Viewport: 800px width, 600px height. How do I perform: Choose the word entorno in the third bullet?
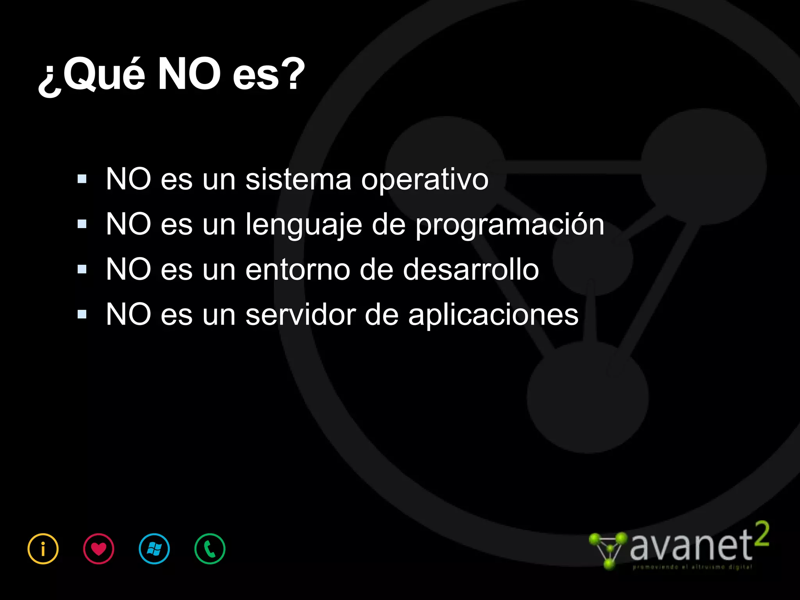coord(298,270)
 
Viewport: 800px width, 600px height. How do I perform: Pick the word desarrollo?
coord(471,270)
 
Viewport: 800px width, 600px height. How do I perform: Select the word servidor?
coord(301,314)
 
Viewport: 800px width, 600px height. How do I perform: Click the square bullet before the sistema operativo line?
coord(82,179)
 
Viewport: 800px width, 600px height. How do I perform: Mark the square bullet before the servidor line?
coord(82,314)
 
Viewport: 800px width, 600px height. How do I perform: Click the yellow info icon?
coord(43,549)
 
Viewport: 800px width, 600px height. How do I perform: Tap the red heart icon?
coord(99,549)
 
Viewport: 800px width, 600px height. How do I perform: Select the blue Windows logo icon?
coord(154,549)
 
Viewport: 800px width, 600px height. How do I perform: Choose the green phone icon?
coord(210,549)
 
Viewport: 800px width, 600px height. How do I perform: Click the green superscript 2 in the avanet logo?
coord(761,534)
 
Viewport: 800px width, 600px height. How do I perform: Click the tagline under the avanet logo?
coord(692,567)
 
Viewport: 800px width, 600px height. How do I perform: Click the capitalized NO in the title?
coord(189,74)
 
